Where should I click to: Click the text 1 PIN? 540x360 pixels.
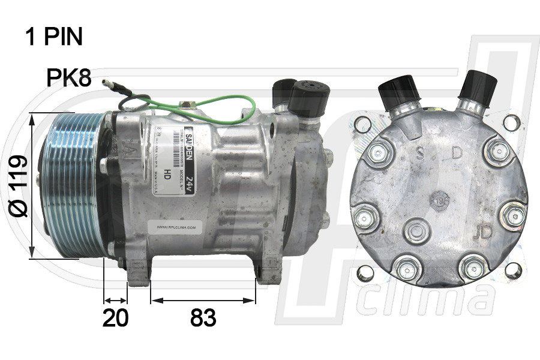coord(54,37)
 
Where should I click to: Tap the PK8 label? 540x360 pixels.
coord(69,77)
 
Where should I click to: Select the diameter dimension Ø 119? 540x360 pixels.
coord(18,185)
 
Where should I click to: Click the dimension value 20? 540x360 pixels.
coord(115,318)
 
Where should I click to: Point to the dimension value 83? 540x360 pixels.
coord(203,318)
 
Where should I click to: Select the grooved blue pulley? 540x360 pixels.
coord(72,185)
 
